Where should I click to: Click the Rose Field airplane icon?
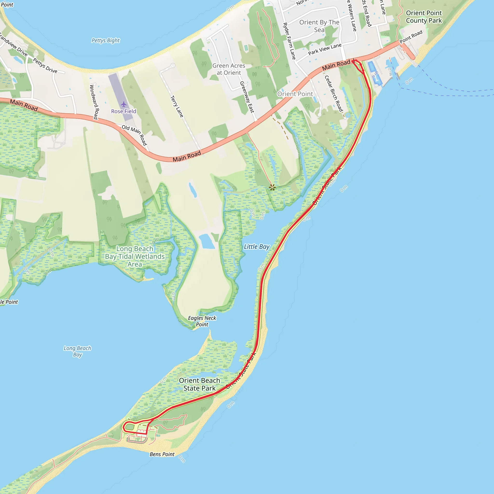(124, 104)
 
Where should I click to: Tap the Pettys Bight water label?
(106, 40)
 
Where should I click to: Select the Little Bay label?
(256, 247)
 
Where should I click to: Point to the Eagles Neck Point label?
(202, 321)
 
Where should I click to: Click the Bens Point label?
(162, 454)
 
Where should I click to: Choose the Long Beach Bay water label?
(77, 351)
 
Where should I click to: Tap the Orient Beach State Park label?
(199, 384)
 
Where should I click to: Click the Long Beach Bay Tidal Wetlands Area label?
(135, 256)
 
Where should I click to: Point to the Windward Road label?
(94, 102)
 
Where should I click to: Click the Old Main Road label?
(134, 135)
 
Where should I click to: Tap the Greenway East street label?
(247, 97)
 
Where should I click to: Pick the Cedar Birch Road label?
(334, 94)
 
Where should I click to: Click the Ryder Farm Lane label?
(289, 41)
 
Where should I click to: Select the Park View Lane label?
(325, 49)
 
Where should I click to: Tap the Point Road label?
(411, 37)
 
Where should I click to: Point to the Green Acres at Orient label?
(229, 69)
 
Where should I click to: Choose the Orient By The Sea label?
(319, 26)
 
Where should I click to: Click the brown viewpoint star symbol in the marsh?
(272, 187)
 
